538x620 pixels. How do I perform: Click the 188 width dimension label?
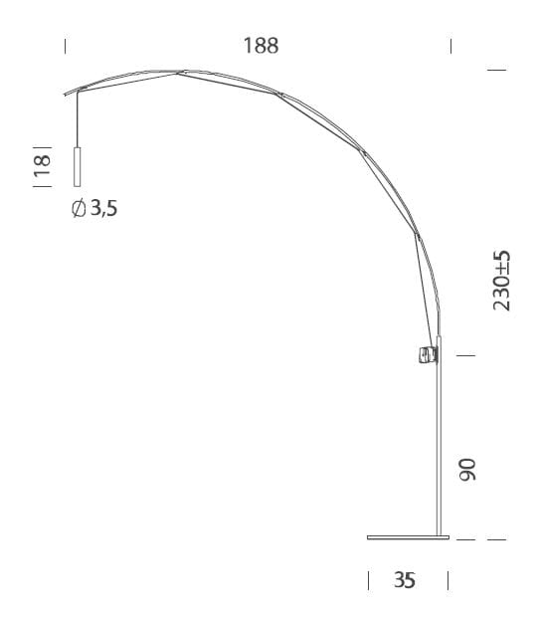261,46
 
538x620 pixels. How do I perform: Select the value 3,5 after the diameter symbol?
103,208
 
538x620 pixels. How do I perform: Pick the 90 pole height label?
468,471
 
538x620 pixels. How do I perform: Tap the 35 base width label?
404,581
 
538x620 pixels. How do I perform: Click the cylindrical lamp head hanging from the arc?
77,166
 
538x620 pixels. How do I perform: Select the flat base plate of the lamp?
408,538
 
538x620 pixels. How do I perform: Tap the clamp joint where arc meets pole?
428,353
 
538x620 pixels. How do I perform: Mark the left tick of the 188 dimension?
66,46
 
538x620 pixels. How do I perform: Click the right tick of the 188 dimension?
451,46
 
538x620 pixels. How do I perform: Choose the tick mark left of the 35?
369,580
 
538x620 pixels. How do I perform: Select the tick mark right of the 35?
449,580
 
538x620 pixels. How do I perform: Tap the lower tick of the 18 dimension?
42,185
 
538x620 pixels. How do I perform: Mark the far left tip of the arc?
63,93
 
